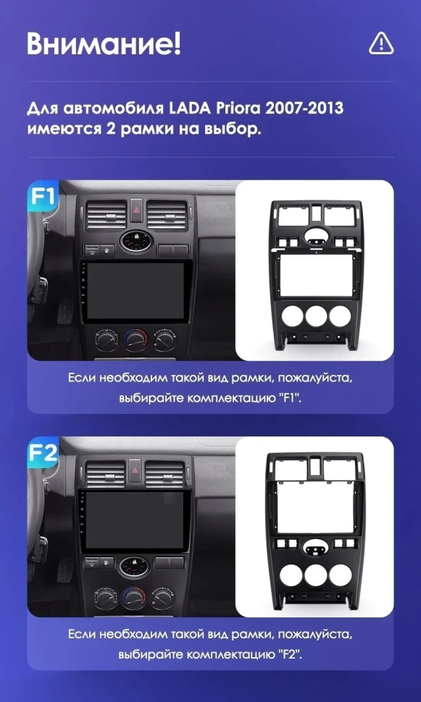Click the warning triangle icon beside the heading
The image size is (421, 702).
coord(380,43)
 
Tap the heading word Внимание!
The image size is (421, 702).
coord(104,43)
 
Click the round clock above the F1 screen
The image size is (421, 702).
coord(135,241)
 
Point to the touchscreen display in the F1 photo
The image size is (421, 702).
coord(133,292)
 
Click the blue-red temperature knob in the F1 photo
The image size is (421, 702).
coord(134,339)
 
